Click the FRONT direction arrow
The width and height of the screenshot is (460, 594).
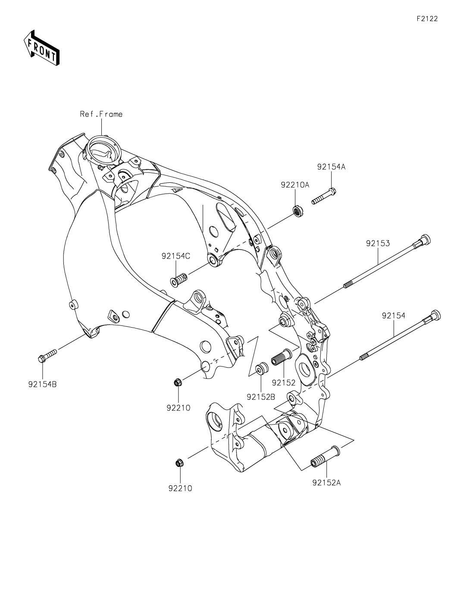pyautogui.click(x=41, y=48)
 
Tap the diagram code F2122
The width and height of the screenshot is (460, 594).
pyautogui.click(x=427, y=19)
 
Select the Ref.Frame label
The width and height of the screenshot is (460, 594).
pyautogui.click(x=101, y=114)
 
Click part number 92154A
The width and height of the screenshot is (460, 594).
pyautogui.click(x=331, y=167)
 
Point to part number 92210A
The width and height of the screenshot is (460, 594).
pyautogui.click(x=295, y=185)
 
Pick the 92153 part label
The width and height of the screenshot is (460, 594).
pyautogui.click(x=378, y=243)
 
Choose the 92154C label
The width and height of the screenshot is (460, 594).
pyautogui.click(x=176, y=256)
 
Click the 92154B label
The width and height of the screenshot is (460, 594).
pyautogui.click(x=42, y=384)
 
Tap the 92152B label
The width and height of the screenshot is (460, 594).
pyautogui.click(x=261, y=397)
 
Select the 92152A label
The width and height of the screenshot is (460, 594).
pyautogui.click(x=327, y=483)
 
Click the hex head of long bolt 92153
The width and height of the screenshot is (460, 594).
pyautogui.click(x=424, y=240)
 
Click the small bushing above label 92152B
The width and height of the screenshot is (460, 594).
pyautogui.click(x=261, y=369)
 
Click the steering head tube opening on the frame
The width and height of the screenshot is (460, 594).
pyautogui.click(x=103, y=151)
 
